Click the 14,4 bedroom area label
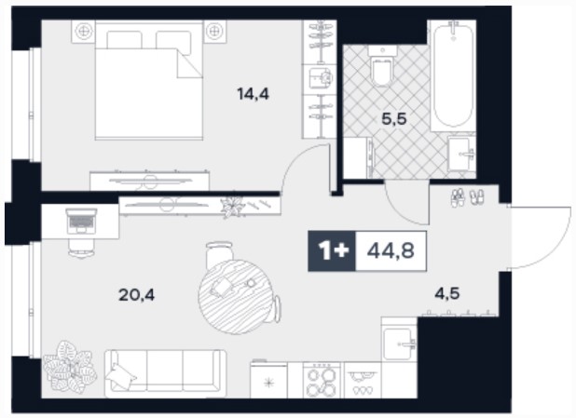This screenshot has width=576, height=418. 254,94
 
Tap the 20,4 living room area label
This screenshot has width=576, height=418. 136,295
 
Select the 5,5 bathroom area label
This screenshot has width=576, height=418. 394,119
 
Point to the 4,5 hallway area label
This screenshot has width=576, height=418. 447,293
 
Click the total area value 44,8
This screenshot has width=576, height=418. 391,251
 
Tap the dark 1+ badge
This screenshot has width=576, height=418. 332,251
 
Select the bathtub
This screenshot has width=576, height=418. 453,75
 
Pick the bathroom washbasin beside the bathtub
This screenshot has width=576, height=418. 461,155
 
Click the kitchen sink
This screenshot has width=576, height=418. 399,344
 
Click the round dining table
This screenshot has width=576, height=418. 236,297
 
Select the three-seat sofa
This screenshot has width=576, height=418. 165,373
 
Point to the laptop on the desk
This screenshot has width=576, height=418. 81,221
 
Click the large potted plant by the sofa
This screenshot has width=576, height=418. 69,367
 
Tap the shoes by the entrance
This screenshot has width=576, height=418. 467,197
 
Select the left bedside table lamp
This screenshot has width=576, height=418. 83,32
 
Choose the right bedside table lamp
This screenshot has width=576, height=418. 214,32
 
